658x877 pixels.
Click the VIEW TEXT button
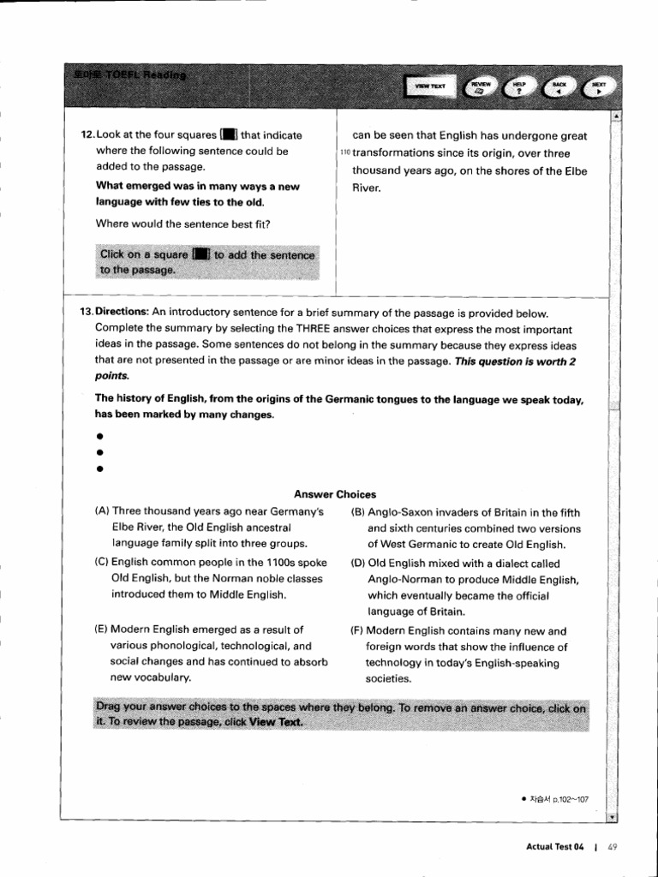(431, 86)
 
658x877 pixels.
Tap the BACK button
(559, 86)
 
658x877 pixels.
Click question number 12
(87, 135)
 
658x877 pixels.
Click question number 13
(86, 313)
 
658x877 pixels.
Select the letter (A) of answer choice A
(103, 512)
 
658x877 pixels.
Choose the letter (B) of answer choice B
(358, 513)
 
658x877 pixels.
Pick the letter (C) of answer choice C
(103, 564)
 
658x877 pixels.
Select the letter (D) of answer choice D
(359, 564)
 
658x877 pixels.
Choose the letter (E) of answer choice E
(102, 630)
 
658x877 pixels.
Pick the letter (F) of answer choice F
(358, 630)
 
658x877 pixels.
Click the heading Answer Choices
(335, 494)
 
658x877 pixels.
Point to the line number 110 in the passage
(345, 153)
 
